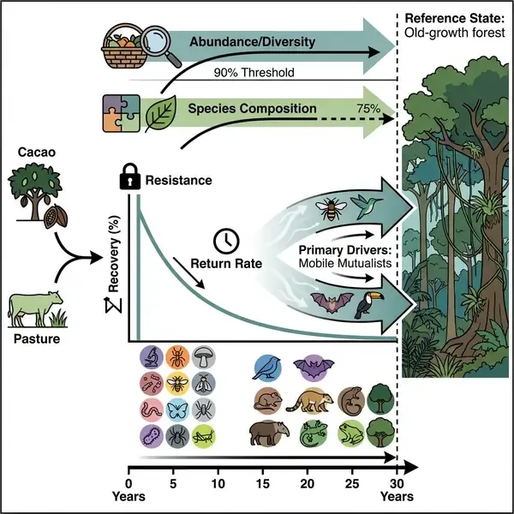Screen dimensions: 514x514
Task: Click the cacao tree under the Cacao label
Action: tap(37, 190)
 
